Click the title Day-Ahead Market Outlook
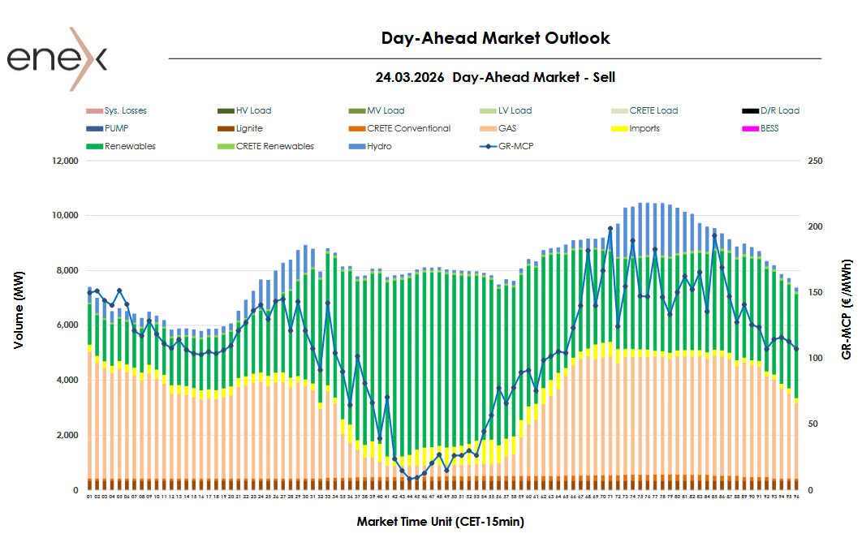pos(495,38)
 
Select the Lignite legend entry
pos(249,128)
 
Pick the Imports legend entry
pos(644,128)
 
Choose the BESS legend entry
pos(769,128)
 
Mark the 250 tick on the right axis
pos(816,161)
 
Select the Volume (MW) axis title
pos(19,325)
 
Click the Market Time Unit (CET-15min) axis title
pos(446,521)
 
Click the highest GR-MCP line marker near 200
pos(610,228)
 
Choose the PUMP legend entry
pos(116,128)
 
